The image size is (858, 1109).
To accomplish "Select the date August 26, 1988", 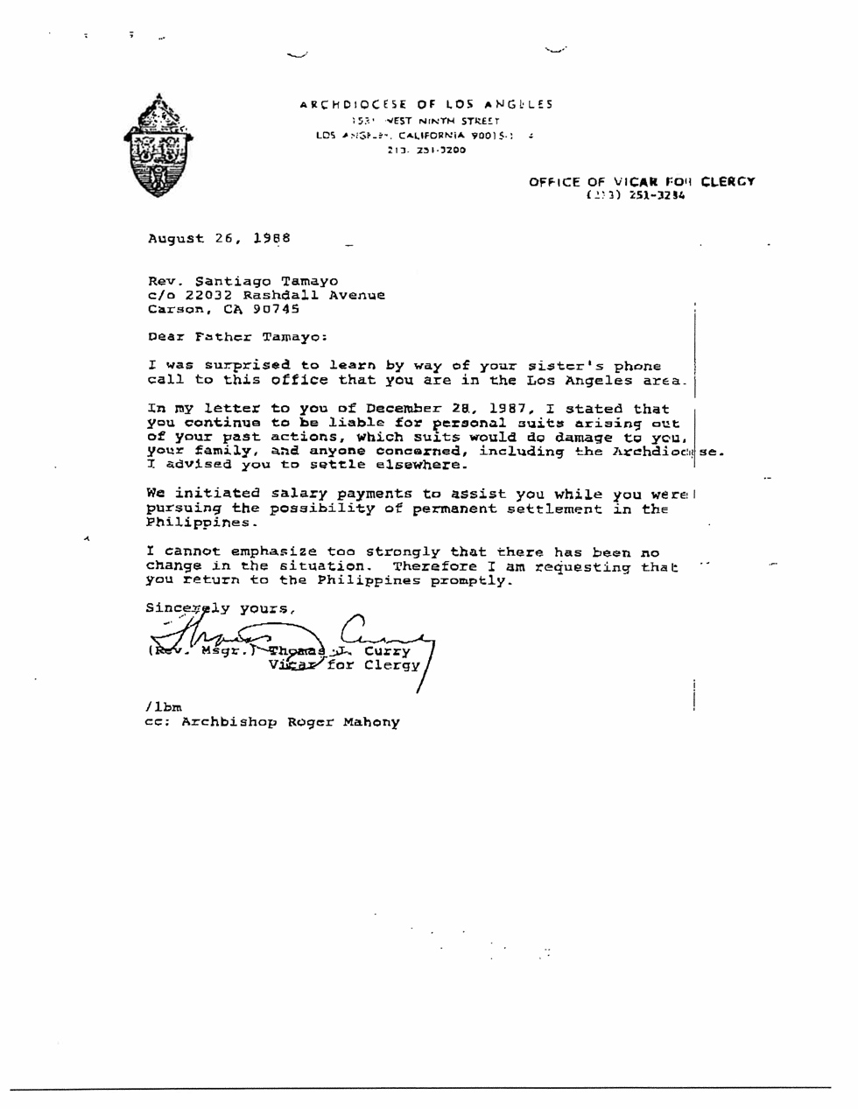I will click(x=219, y=238).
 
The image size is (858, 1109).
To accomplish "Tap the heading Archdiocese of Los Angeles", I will click(x=426, y=104).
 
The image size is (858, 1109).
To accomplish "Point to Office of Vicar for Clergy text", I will click(x=641, y=182).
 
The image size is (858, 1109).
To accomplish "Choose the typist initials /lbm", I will click(x=163, y=706).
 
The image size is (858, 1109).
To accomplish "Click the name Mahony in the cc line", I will click(x=371, y=723).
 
